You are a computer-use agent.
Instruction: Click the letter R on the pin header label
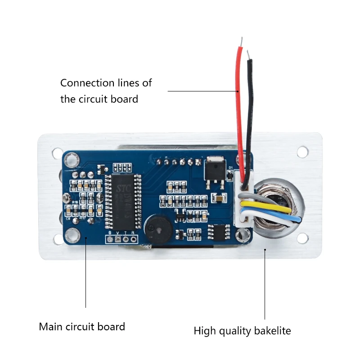[133, 233]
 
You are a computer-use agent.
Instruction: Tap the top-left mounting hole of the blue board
[70, 159]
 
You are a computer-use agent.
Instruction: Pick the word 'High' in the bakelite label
[205, 331]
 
